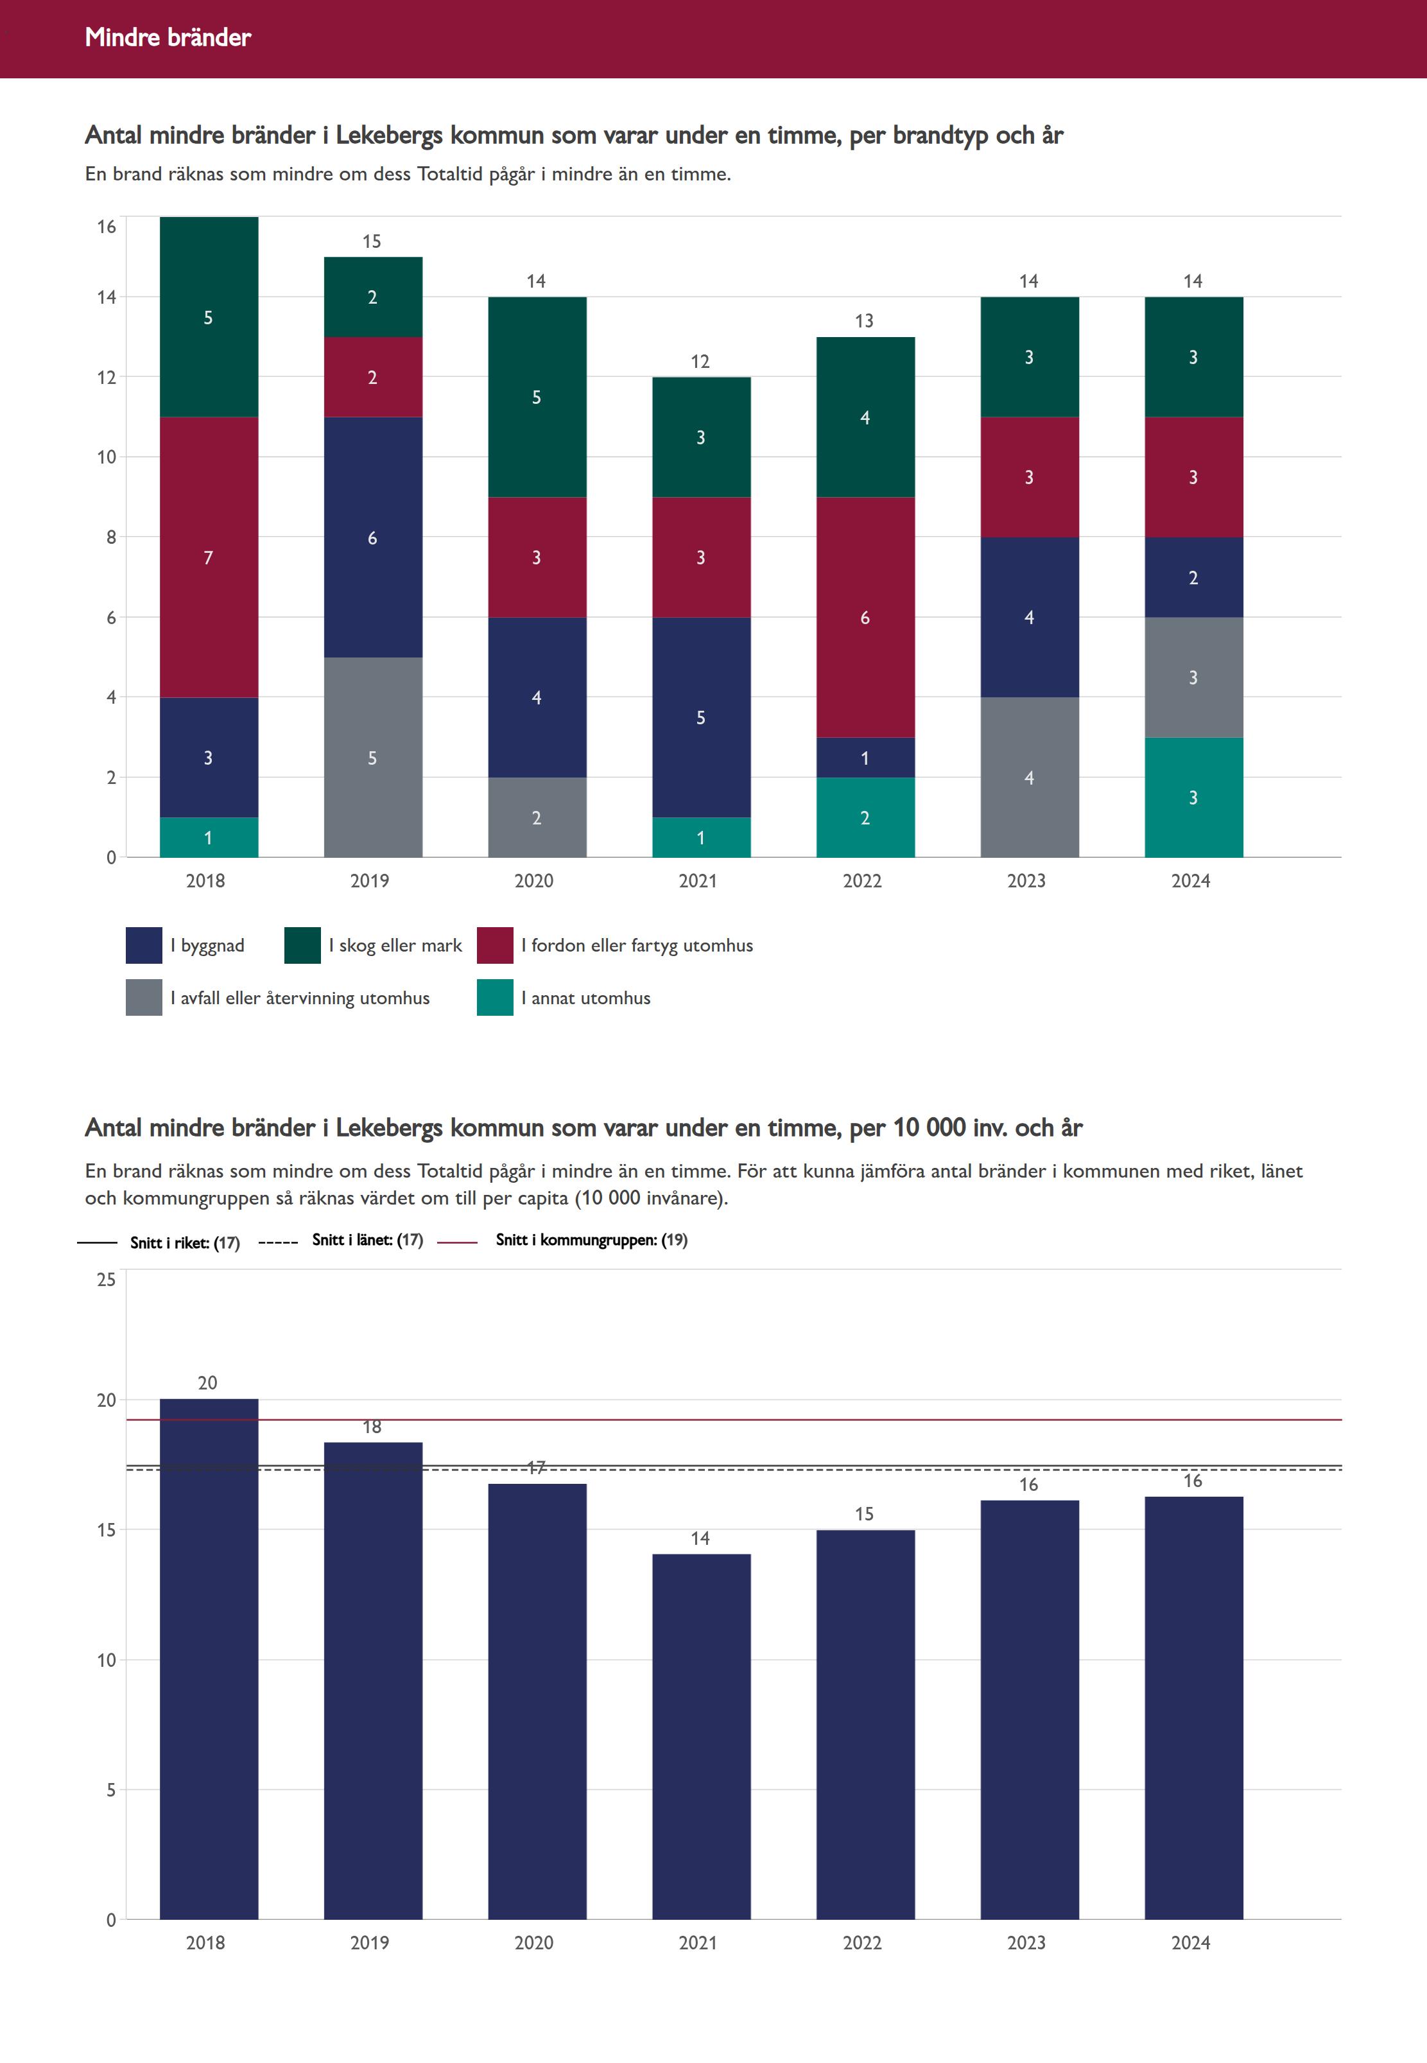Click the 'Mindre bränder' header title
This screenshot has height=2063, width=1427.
tap(168, 37)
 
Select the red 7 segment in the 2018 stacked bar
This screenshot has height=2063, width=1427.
tap(209, 557)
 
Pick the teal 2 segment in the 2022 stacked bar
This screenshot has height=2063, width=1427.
tap(865, 817)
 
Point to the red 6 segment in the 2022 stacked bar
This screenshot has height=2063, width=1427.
tap(865, 617)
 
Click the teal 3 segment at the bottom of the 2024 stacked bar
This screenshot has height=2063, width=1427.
tap(1193, 797)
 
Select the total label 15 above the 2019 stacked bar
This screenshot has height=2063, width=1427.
tap(371, 241)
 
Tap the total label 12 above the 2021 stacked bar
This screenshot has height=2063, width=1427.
tap(700, 361)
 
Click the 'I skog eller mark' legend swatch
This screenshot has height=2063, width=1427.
tap(302, 945)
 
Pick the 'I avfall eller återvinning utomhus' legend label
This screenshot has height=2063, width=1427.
tap(300, 998)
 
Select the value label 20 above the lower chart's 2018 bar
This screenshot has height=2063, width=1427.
tap(207, 1382)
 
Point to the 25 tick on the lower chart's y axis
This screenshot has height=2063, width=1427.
tap(107, 1280)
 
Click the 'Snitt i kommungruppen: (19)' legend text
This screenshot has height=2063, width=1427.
tap(591, 1239)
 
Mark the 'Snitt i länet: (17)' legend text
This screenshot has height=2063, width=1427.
tap(367, 1239)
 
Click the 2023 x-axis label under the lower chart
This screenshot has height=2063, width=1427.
tap(1026, 1942)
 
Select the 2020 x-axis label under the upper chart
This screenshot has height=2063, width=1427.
tap(534, 881)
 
